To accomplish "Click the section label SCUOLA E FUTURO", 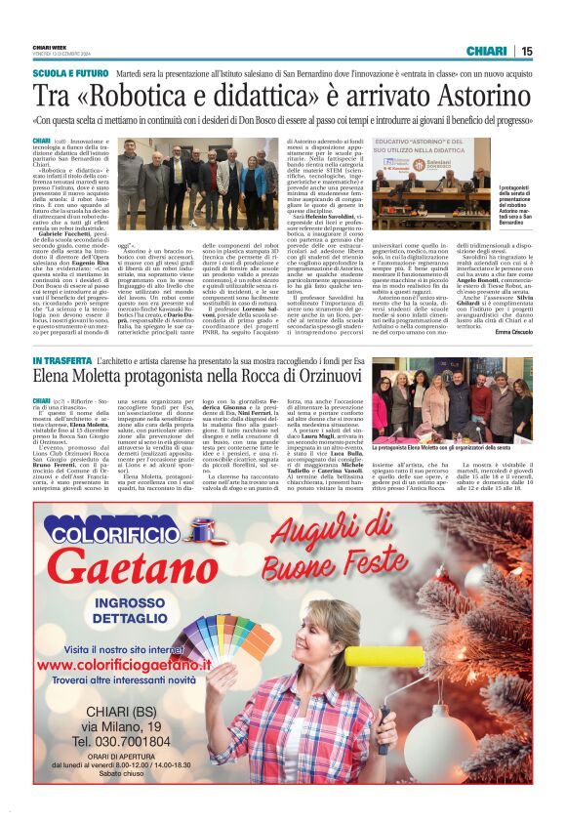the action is pyautogui.click(x=70, y=73).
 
